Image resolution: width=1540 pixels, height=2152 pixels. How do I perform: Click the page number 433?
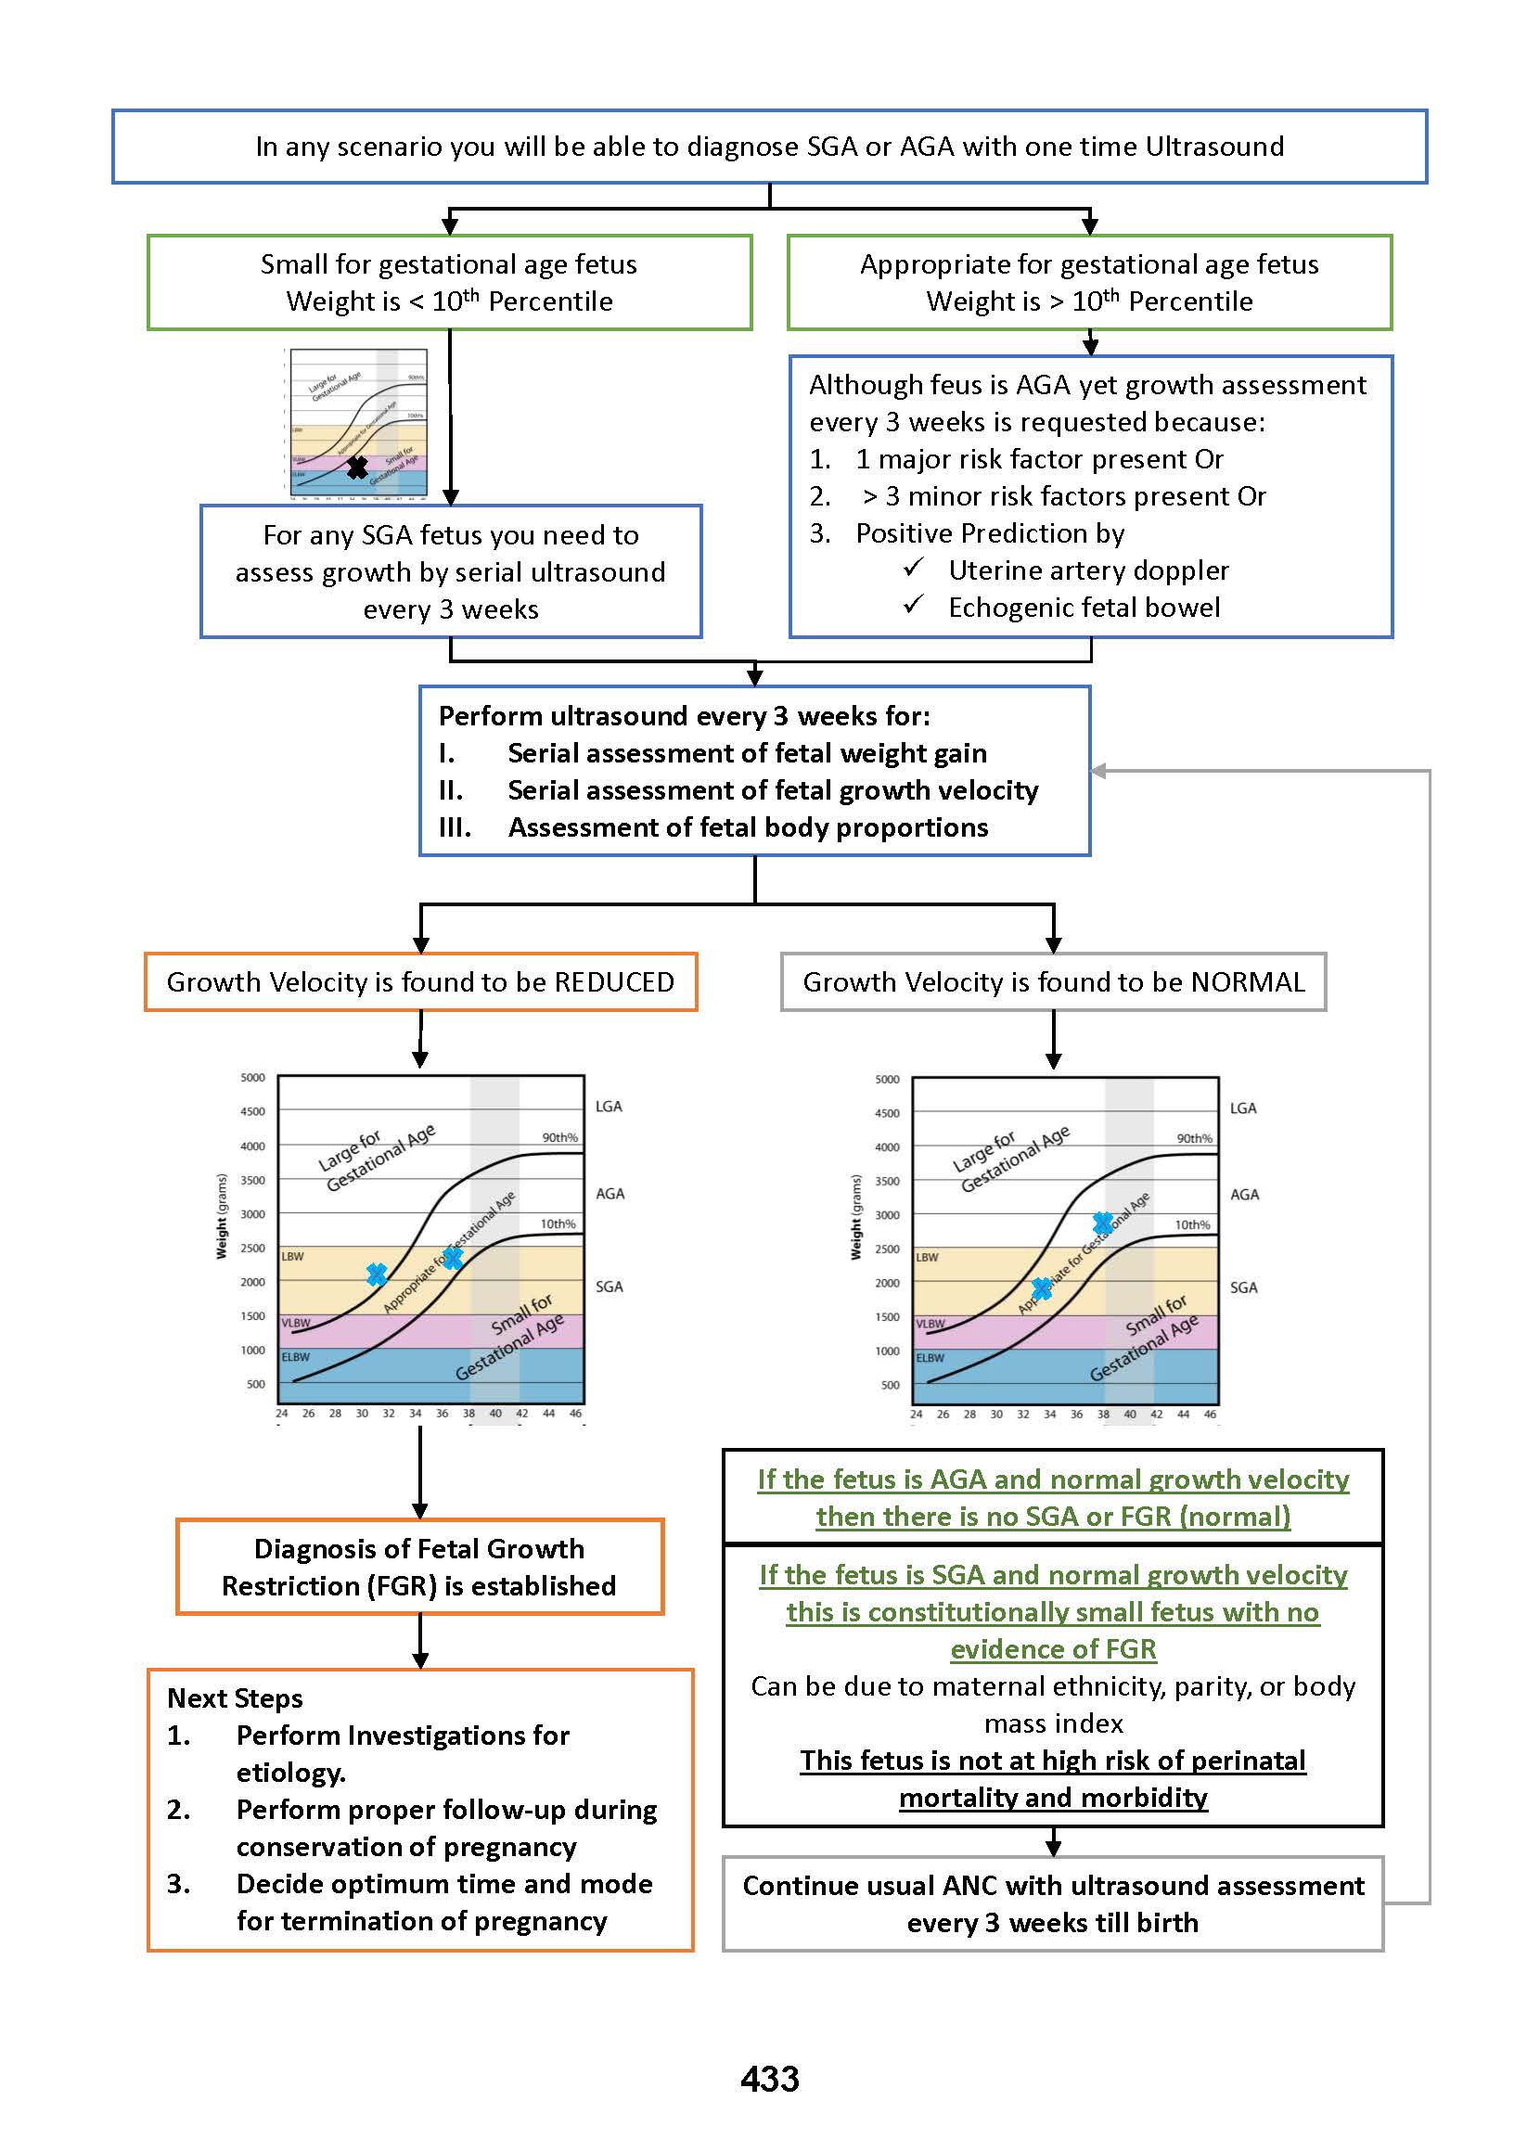(769, 2079)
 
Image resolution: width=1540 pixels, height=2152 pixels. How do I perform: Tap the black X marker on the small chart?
(356, 467)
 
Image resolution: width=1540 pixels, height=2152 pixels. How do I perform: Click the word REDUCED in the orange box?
(613, 982)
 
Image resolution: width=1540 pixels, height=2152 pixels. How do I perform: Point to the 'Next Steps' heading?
(234, 1697)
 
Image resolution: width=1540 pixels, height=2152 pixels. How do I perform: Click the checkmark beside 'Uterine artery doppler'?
(913, 568)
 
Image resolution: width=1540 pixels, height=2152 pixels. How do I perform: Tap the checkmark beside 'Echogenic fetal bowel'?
(913, 605)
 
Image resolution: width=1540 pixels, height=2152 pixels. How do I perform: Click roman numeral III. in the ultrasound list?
(455, 827)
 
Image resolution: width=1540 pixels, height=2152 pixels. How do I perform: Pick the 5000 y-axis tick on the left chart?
(252, 1078)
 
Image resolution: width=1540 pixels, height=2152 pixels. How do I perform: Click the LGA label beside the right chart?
(1242, 1108)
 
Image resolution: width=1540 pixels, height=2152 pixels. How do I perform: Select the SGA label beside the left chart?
(609, 1287)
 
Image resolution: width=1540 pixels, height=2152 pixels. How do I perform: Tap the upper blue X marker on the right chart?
(1102, 1222)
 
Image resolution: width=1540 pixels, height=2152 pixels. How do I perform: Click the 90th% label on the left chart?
(559, 1137)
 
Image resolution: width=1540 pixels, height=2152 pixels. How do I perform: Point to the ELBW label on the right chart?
(930, 1358)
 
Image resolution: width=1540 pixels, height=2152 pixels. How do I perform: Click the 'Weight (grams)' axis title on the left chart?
(222, 1216)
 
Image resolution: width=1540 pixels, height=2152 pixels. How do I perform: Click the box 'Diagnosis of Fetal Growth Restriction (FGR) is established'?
(419, 1566)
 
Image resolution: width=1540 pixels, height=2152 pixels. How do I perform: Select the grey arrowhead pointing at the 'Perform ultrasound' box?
(1098, 771)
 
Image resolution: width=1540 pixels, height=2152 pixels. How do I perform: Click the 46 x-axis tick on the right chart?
(1209, 1414)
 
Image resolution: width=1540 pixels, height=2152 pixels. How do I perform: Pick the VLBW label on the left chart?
(296, 1323)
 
